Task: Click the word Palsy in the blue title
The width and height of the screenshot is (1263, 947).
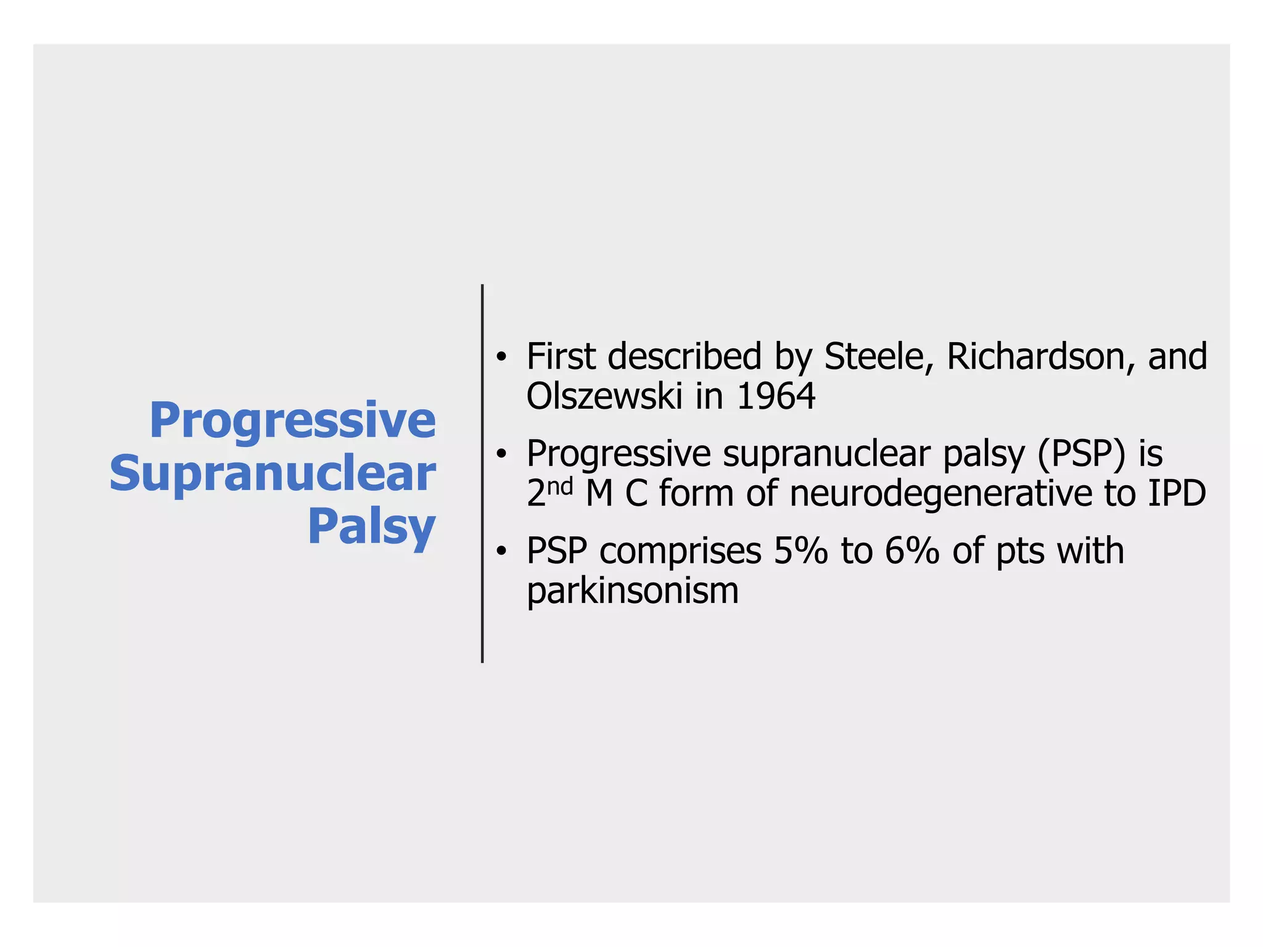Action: pos(371,527)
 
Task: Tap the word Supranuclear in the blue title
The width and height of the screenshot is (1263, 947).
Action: pos(273,473)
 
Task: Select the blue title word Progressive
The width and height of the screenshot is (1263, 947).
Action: pos(292,420)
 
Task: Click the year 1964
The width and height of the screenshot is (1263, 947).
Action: pos(776,396)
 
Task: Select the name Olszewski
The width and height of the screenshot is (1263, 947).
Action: pos(604,396)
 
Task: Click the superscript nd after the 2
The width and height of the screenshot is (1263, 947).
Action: pos(561,486)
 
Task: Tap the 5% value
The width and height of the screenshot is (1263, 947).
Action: pos(800,551)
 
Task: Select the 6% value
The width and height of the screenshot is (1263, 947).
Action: pos(911,551)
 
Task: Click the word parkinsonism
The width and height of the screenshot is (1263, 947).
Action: pos(632,591)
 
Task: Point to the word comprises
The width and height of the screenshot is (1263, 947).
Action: pos(680,552)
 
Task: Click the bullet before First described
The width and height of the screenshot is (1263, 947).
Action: pos(502,357)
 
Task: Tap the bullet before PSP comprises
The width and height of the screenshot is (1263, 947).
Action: pos(502,551)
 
